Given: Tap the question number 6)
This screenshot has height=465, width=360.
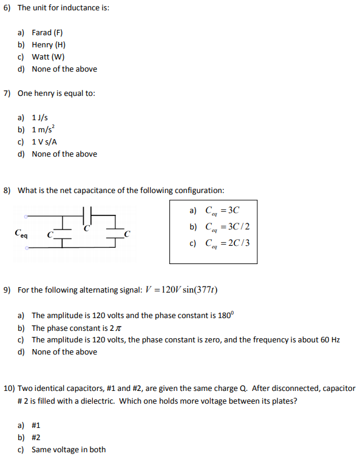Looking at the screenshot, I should pos(7,8).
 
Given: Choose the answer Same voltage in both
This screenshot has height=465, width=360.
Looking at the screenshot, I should pos(69,450).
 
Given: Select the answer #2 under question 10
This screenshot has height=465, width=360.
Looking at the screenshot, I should pos(36,438).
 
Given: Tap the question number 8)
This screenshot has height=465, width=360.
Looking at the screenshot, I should pos(7,190).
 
